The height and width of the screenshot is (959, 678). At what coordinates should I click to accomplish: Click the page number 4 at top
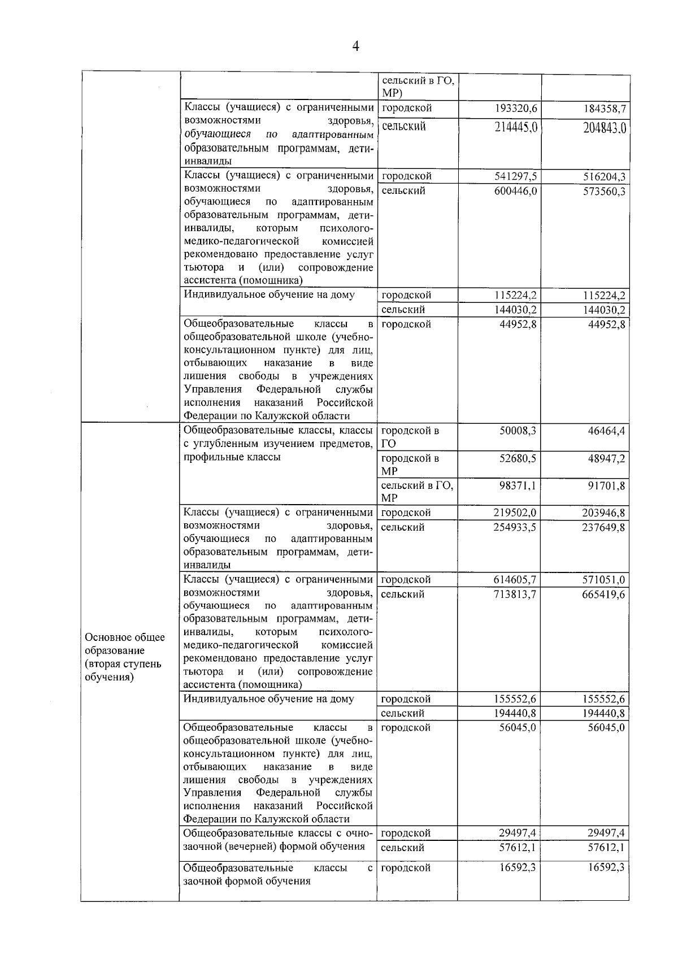pyautogui.click(x=355, y=46)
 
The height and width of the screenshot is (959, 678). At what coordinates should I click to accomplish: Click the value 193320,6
pyautogui.click(x=515, y=109)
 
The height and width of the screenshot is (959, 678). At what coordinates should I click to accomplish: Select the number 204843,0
pyautogui.click(x=605, y=128)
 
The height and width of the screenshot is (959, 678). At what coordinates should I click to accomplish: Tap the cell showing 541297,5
pyautogui.click(x=515, y=176)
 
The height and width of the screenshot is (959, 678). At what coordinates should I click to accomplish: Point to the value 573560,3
pyautogui.click(x=604, y=192)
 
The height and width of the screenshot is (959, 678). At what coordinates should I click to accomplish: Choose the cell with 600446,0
pyautogui.click(x=515, y=191)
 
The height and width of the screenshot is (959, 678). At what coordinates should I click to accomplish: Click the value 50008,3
pyautogui.click(x=518, y=431)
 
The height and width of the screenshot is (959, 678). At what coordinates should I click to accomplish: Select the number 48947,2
pyautogui.click(x=606, y=458)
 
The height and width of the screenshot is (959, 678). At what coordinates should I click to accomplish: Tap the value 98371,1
pyautogui.click(x=518, y=485)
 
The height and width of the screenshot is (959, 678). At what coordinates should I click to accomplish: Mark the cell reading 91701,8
pyautogui.click(x=606, y=485)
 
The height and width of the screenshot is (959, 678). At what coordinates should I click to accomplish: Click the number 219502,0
pyautogui.click(x=515, y=513)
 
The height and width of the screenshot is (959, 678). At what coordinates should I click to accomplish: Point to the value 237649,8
pyautogui.click(x=603, y=527)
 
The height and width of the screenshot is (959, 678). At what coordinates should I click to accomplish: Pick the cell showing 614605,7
pyautogui.click(x=515, y=579)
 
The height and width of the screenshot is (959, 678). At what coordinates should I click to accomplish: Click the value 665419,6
pyautogui.click(x=603, y=595)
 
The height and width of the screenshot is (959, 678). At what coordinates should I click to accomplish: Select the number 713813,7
pyautogui.click(x=515, y=594)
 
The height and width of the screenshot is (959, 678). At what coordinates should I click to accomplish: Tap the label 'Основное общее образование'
pyautogui.click(x=125, y=644)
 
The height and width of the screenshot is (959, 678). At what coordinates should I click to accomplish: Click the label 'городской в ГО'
pyautogui.click(x=410, y=436)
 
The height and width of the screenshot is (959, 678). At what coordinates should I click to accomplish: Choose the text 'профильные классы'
pyautogui.click(x=232, y=457)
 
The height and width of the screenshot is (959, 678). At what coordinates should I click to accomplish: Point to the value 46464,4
pyautogui.click(x=606, y=431)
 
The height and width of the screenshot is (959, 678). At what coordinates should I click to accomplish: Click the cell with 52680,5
pyautogui.click(x=518, y=458)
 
